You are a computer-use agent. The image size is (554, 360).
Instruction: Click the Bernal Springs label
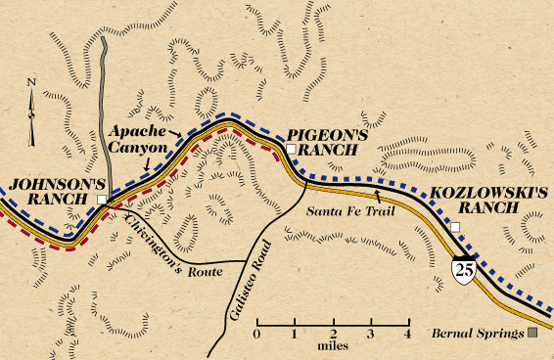click(x=477, y=334)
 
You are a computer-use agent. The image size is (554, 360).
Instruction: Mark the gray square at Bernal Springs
click(x=532, y=334)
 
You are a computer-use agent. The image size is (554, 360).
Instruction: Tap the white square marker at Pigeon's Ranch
click(x=290, y=148)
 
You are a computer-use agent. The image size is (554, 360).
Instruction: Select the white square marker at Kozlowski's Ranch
click(x=454, y=227)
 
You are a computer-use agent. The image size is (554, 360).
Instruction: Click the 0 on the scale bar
click(x=256, y=335)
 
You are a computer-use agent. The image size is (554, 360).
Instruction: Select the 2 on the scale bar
click(x=332, y=335)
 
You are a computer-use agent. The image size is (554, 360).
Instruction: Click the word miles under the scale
click(x=332, y=348)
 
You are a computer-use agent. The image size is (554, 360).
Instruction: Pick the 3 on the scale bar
click(x=370, y=335)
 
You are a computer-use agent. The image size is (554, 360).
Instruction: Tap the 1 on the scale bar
click(x=295, y=335)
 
